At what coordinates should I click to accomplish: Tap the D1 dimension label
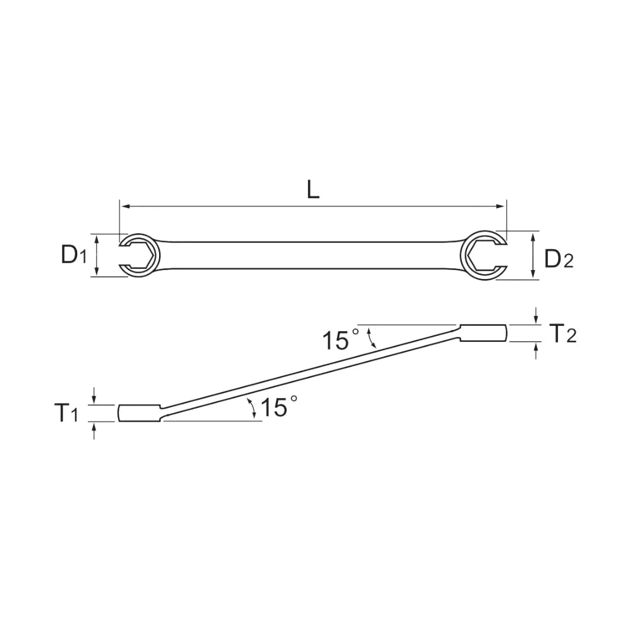point(74,255)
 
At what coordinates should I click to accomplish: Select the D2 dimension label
point(559,259)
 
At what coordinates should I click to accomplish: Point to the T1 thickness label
point(66,413)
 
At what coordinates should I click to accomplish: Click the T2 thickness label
point(562,334)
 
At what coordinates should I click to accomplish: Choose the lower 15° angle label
point(278,408)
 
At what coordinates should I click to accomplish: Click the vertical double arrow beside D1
point(97,255)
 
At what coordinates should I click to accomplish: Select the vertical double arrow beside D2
point(533,256)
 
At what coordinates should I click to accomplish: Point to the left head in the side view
point(139,413)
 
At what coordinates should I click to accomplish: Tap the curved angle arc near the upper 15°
point(373,338)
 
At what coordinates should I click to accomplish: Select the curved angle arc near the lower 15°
point(253,409)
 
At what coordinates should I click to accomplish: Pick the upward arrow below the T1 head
point(94,430)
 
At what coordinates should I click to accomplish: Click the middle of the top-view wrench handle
point(312,255)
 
